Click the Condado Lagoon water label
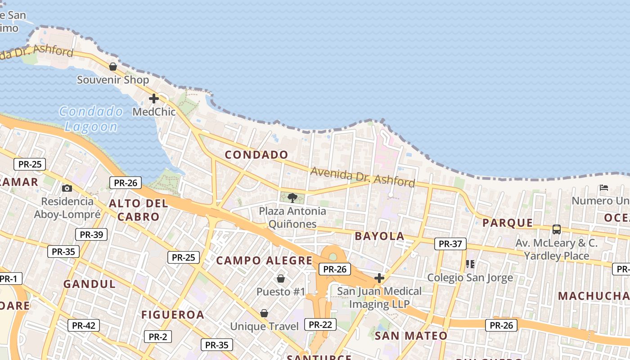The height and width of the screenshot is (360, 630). (x=91, y=119)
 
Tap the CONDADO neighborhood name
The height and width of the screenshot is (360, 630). (x=256, y=155)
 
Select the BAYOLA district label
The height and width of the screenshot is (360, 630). (x=379, y=236)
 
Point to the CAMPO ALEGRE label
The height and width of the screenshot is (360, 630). (x=264, y=261)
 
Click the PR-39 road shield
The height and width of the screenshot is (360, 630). (x=91, y=234)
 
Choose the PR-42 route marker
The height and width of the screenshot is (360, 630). (x=83, y=325)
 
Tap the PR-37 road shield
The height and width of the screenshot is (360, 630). (x=450, y=244)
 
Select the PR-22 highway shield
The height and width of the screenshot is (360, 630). (x=320, y=324)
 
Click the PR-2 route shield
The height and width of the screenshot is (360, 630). (x=157, y=336)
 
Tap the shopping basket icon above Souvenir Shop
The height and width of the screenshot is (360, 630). (x=113, y=67)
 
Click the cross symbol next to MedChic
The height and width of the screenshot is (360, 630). (x=154, y=98)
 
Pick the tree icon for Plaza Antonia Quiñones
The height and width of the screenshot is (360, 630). (x=292, y=198)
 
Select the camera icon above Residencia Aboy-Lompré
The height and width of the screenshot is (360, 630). (x=67, y=188)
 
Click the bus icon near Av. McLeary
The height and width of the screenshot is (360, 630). (x=557, y=229)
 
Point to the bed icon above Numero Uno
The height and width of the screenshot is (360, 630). (x=604, y=187)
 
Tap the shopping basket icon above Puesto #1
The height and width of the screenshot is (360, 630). (x=281, y=279)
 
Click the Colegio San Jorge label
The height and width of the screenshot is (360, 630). (x=470, y=278)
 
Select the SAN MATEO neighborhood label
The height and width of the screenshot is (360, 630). (x=411, y=336)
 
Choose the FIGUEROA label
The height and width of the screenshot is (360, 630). (x=173, y=315)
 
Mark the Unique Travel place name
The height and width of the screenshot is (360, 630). (x=264, y=326)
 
